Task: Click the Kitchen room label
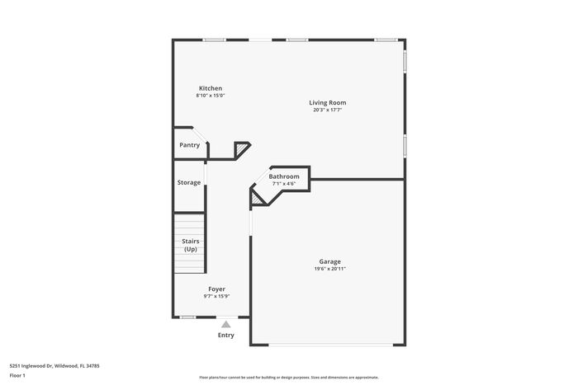point(211,88)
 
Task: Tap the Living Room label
point(327,103)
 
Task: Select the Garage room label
point(330,261)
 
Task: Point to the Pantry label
point(189,145)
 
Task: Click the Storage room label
point(189,182)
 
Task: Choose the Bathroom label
point(284,176)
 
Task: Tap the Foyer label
point(216,289)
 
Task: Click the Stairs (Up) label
point(191,245)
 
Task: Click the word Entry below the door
point(226,336)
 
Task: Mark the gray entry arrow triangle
point(226,324)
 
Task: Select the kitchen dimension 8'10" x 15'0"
point(211,96)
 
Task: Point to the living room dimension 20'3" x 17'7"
point(327,110)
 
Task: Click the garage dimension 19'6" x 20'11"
point(330,269)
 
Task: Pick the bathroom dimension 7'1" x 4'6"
point(284,183)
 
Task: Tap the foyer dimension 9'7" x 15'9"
point(216,296)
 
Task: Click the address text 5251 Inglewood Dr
point(31,366)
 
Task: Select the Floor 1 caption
point(17,375)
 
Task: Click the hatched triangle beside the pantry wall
point(242,149)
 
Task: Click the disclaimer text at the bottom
point(289,378)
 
